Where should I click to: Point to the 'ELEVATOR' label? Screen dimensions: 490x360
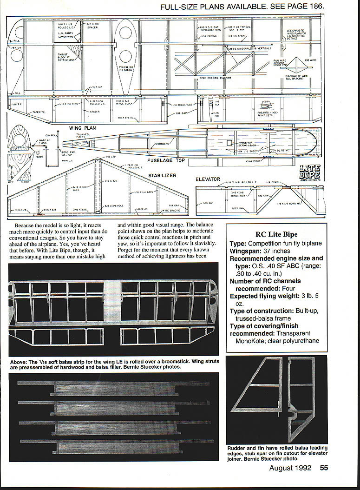click(x=208, y=179)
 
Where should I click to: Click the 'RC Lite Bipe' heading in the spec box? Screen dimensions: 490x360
click(x=276, y=234)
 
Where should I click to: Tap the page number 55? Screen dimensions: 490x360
click(x=323, y=468)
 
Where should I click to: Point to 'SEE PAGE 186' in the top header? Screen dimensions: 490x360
click(x=296, y=7)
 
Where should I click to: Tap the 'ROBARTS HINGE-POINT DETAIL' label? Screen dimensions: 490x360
click(x=270, y=114)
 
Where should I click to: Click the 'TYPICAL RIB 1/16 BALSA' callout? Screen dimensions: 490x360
click(x=126, y=69)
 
